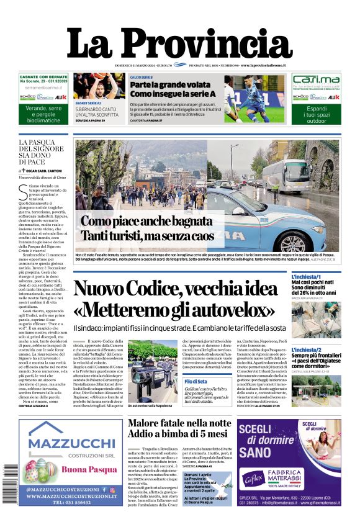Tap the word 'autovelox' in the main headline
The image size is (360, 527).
coord(229,309)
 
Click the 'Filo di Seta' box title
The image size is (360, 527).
coord(196,381)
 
